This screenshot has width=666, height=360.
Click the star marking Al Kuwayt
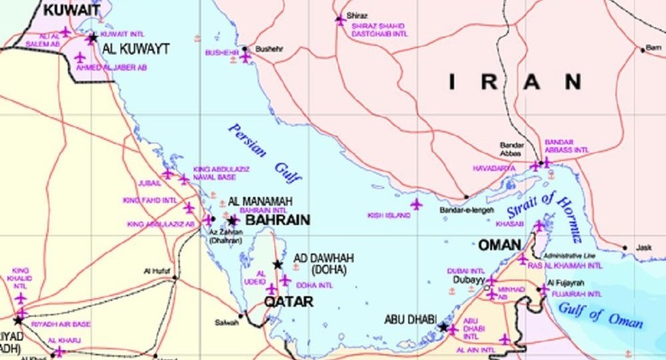(x=92, y=37)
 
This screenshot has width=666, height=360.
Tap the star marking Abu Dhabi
(x=444, y=327)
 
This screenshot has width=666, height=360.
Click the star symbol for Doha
(x=278, y=264)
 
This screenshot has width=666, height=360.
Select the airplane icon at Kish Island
(x=416, y=204)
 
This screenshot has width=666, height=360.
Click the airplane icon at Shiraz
(x=340, y=19)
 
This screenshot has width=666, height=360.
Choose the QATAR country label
(x=288, y=302)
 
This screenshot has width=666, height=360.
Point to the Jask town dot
(x=625, y=248)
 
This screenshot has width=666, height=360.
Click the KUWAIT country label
(x=72, y=10)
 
